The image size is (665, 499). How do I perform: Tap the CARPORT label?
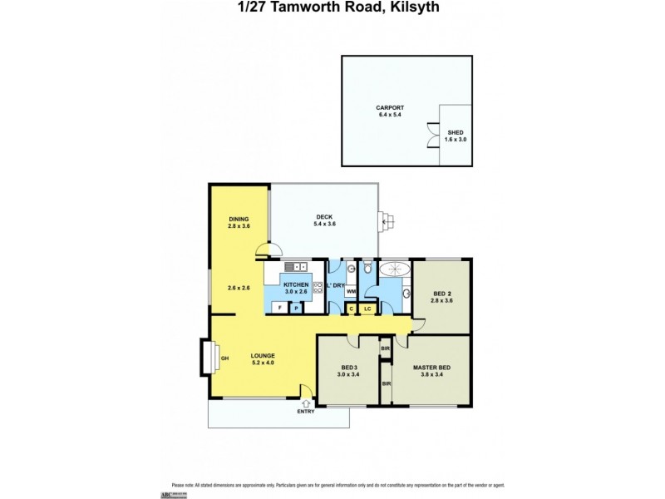click(x=390, y=107)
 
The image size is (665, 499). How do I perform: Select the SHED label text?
click(x=456, y=132)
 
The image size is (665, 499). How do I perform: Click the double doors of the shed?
click(x=431, y=135)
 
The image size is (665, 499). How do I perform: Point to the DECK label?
click(x=324, y=217)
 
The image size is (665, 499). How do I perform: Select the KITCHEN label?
click(x=296, y=284)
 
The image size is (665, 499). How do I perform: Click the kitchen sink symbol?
click(x=296, y=266)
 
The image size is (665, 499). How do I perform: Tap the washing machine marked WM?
click(x=351, y=291)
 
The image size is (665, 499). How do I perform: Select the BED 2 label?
click(x=443, y=293)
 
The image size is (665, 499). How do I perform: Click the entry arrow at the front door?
click(x=307, y=403)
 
